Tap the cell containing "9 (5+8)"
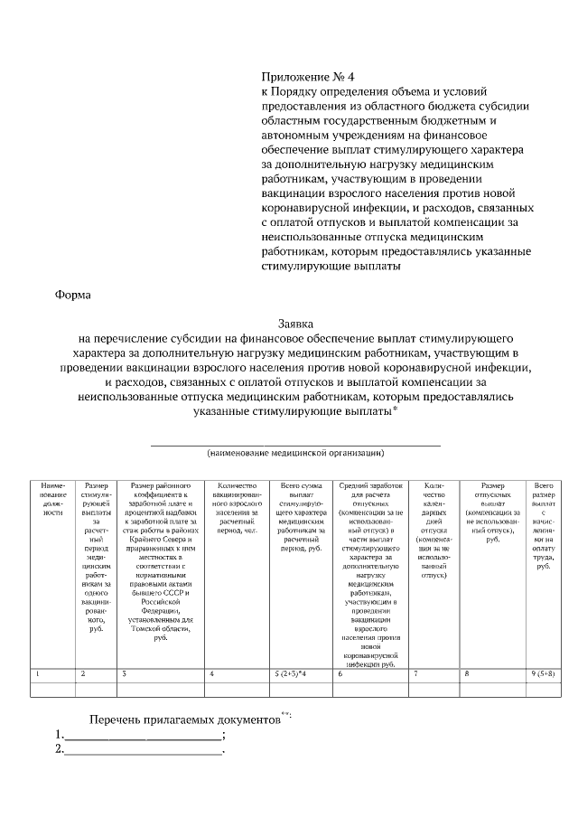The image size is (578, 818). click(x=544, y=674)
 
